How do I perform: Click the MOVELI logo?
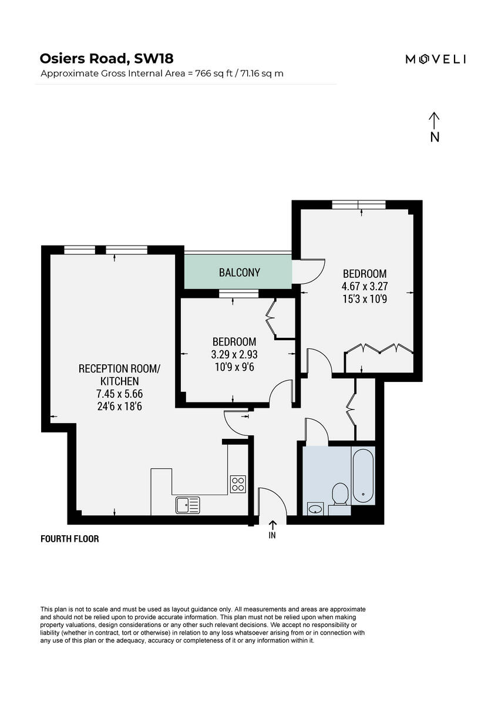pos(436,59)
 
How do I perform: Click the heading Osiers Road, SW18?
pos(106,58)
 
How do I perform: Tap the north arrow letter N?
pos(435,137)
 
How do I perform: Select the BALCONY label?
pos(239,273)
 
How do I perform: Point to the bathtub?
pos(363,476)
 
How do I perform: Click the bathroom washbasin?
pos(316,508)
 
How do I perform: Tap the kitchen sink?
pos(187,504)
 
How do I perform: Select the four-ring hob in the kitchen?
pos(238,484)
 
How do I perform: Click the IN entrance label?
pos(272,535)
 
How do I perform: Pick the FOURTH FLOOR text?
pos(69,539)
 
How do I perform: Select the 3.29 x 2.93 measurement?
pos(234,354)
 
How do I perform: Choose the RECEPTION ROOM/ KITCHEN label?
pos(119,375)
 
